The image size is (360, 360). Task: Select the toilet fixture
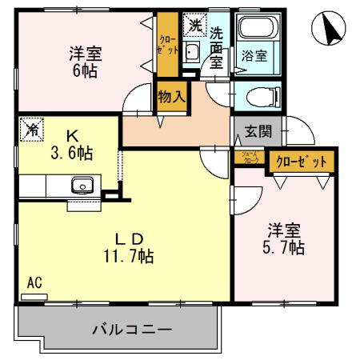[x=258, y=98]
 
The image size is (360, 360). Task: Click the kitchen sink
[x=82, y=187]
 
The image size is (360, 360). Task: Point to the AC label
[x=34, y=282]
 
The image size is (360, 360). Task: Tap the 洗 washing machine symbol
[x=194, y=26]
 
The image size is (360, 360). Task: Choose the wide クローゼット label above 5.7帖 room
[x=302, y=162]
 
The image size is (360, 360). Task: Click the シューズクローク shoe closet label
[x=249, y=157]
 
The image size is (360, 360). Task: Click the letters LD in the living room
[x=127, y=238]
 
